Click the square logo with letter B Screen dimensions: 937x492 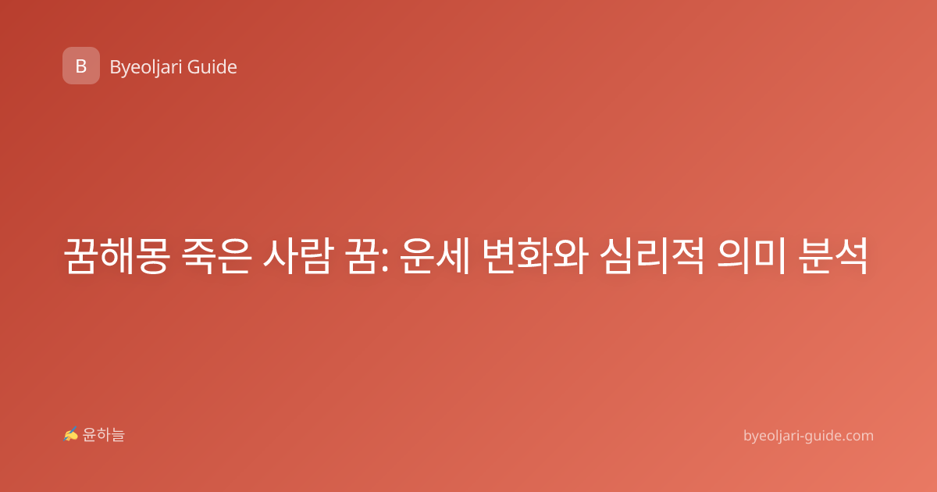(x=81, y=66)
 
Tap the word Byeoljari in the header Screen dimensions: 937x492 (x=145, y=68)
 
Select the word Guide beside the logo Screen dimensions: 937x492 (x=212, y=67)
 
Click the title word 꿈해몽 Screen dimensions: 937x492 (x=116, y=256)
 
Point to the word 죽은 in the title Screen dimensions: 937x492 (x=217, y=256)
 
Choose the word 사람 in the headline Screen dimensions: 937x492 (x=297, y=256)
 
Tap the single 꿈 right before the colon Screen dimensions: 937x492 (x=360, y=256)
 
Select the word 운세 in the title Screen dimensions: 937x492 (x=435, y=256)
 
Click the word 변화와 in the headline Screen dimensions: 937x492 (x=536, y=256)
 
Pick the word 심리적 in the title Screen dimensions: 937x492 (x=653, y=256)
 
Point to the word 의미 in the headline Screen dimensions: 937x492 (x=751, y=256)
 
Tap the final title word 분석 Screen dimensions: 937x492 (x=833, y=256)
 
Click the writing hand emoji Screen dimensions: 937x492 (x=71, y=434)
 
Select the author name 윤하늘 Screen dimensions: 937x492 (x=103, y=435)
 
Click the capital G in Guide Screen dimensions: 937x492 (x=193, y=67)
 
